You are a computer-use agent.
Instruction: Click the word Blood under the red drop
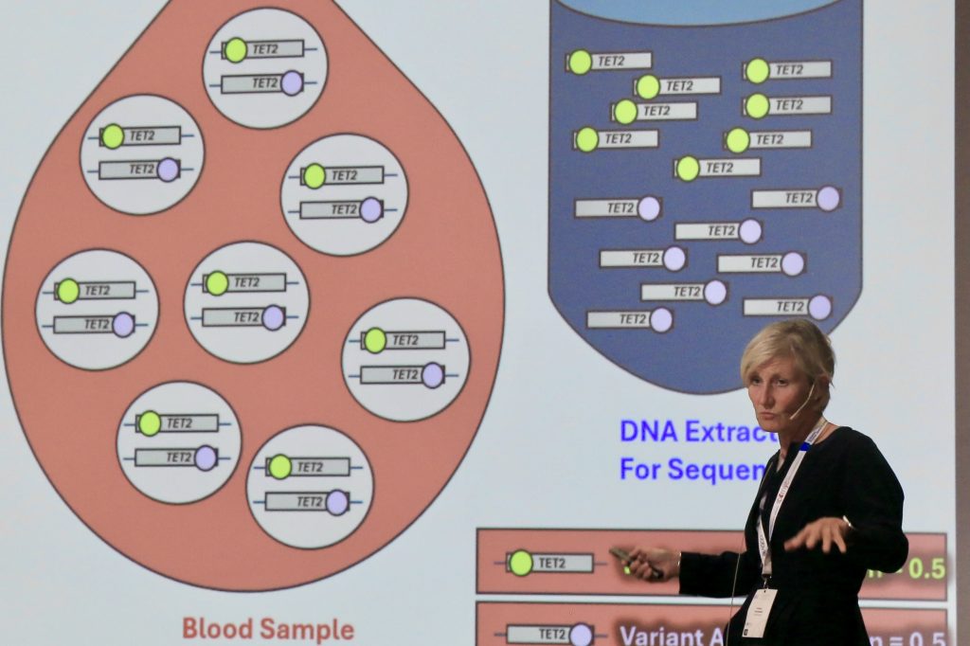pos(215,628)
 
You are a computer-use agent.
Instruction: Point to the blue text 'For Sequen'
pos(692,468)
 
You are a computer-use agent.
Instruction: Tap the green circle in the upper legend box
pos(520,563)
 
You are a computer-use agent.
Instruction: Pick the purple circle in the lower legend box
pos(581,635)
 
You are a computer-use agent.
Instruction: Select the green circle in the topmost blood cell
pos(235,49)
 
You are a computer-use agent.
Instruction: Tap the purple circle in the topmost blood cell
pos(292,83)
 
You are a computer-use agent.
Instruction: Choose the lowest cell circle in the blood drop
pos(310,486)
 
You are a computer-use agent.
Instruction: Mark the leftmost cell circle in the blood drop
pos(97,309)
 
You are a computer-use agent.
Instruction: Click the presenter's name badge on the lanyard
pos(759,612)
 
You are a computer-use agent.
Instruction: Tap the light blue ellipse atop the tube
pos(705,9)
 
